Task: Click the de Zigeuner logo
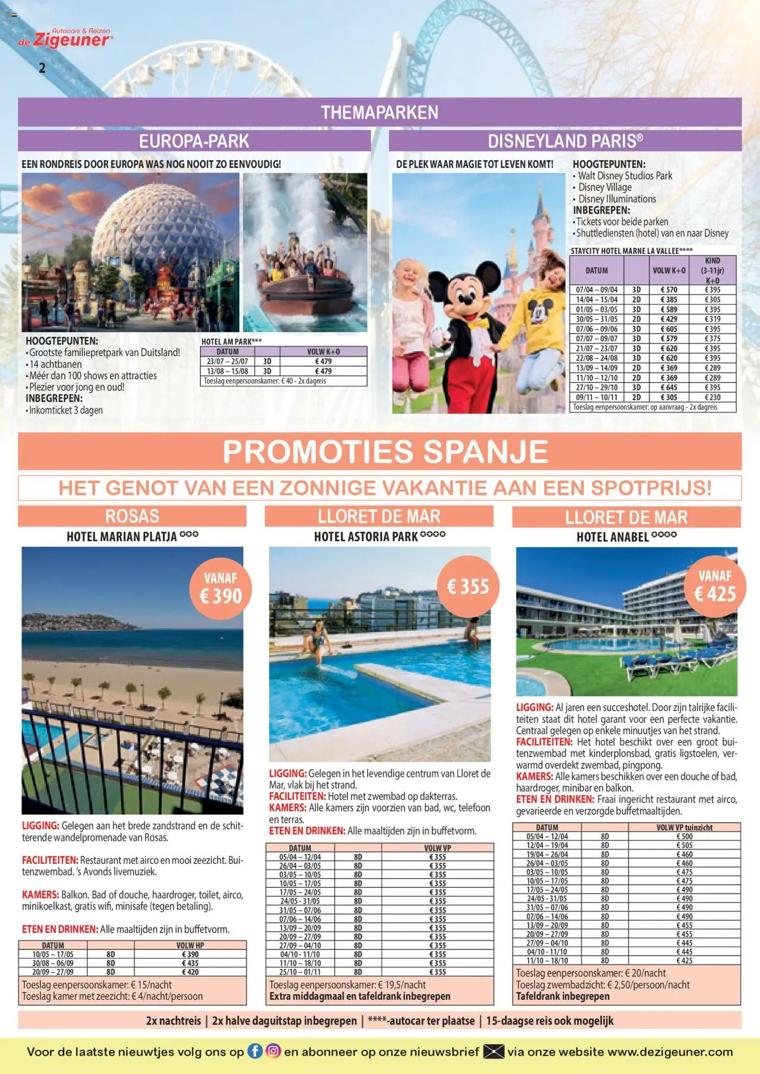[x=65, y=39]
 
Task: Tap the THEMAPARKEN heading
[x=379, y=113]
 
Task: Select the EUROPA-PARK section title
[x=194, y=141]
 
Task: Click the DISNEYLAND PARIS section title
[x=565, y=141]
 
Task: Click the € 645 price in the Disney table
[x=669, y=387]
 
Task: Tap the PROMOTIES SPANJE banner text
[x=385, y=452]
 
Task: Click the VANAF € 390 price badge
[x=220, y=589]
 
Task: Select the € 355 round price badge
[x=468, y=587]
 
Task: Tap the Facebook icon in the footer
[x=254, y=1051]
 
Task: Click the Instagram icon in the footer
[x=273, y=1051]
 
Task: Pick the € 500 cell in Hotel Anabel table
[x=684, y=837]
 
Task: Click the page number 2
[x=42, y=68]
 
